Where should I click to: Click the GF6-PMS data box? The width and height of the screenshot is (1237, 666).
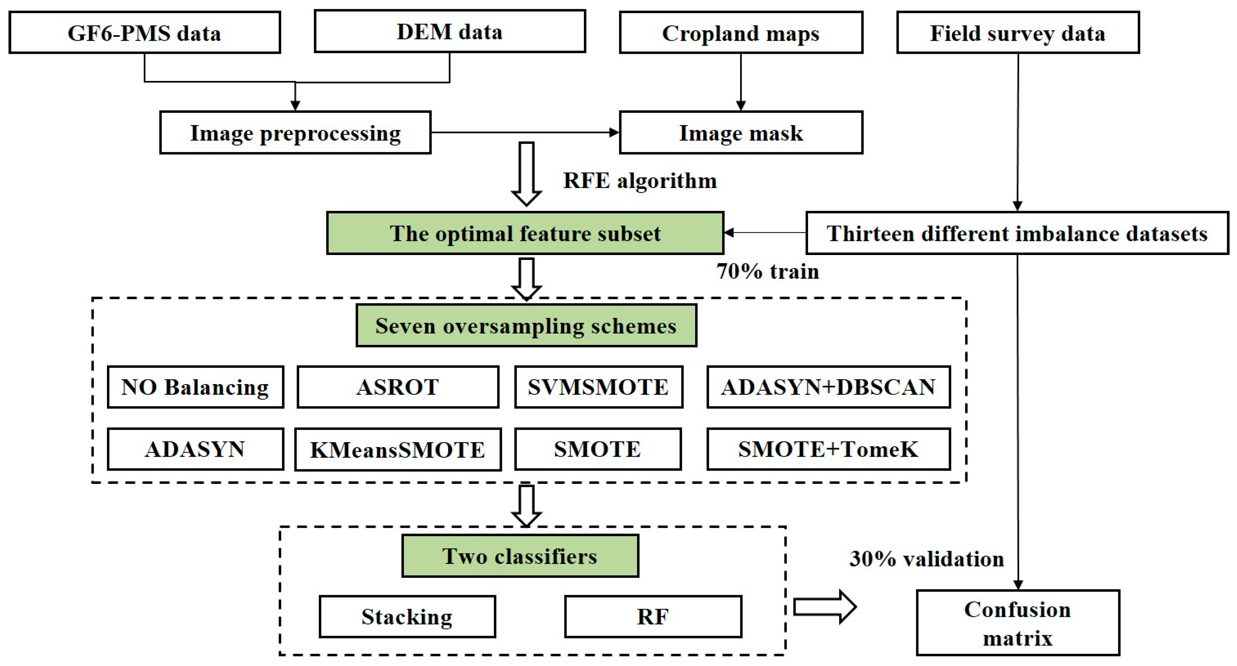144,33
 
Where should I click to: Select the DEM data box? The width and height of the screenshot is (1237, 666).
449,32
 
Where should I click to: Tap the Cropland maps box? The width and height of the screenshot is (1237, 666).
740,33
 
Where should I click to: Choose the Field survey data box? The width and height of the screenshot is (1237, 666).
1018,33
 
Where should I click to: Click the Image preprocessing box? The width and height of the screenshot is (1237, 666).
295,133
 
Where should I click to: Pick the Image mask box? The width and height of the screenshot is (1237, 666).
740,133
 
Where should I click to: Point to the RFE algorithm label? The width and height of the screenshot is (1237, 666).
640,181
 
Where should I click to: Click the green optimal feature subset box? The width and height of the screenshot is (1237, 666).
525,233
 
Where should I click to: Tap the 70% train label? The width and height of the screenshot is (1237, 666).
767,272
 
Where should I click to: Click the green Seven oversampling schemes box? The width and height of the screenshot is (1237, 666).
526,326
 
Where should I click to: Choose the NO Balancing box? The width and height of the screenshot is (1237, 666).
195,387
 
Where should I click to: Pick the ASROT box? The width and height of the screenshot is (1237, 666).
397,387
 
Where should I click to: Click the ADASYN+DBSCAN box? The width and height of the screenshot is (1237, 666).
828,387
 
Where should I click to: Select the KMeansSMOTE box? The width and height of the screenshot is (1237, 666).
397,450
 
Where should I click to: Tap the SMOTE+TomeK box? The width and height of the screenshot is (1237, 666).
828,450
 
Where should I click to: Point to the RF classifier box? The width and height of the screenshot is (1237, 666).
653,616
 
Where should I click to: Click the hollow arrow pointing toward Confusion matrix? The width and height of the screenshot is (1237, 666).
824,607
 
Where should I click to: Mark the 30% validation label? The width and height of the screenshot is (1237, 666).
926,559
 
